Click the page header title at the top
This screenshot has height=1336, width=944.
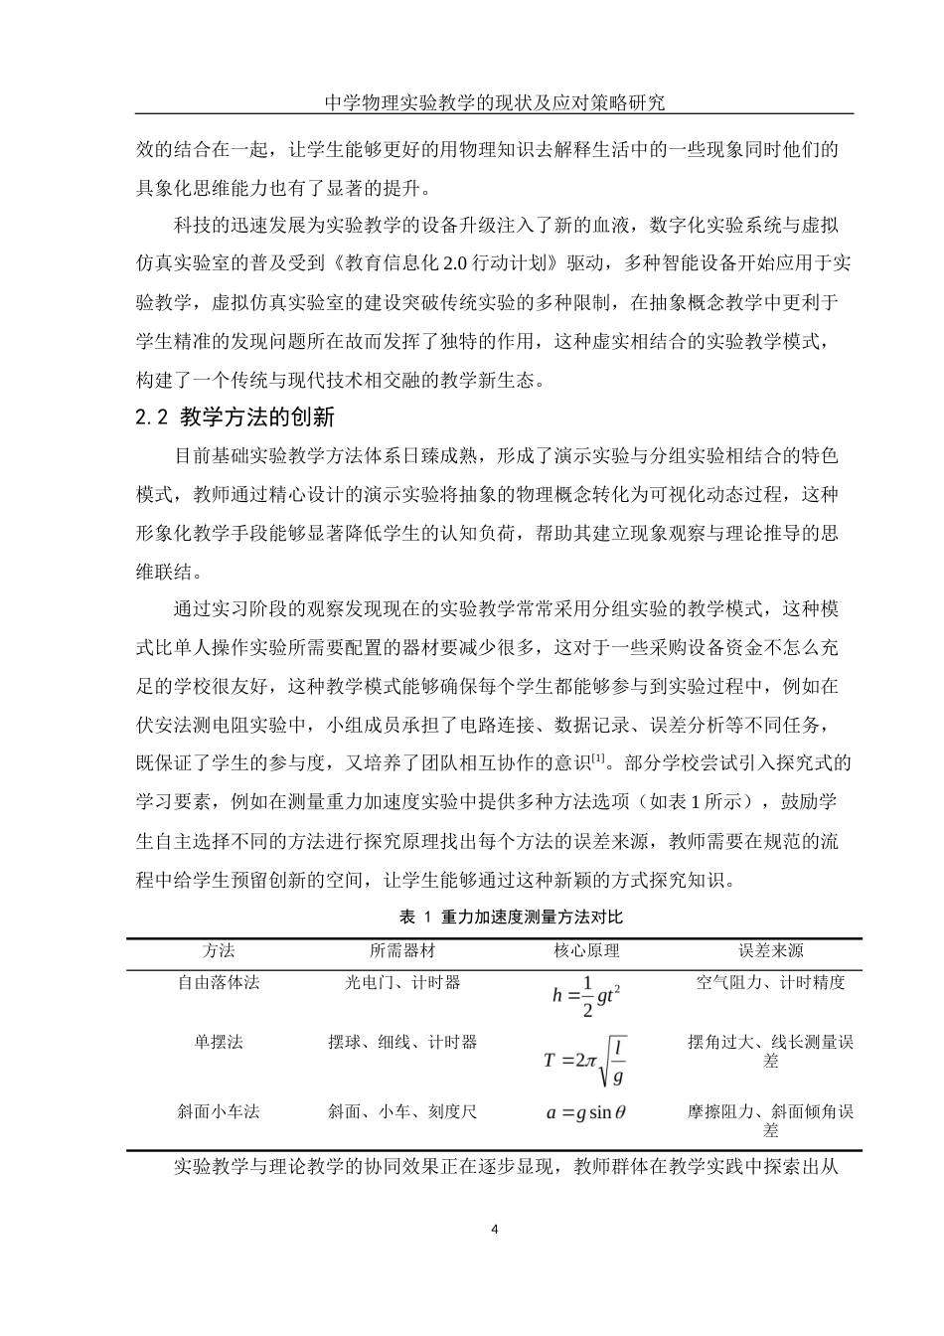pyautogui.click(x=494, y=101)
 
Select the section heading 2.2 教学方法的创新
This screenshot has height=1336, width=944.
pyautogui.click(x=242, y=418)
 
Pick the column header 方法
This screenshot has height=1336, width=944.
pyautogui.click(x=219, y=951)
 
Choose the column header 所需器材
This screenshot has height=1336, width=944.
pyautogui.click(x=402, y=951)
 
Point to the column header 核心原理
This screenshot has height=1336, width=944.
pyautogui.click(x=586, y=951)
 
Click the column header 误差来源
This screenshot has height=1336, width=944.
pyautogui.click(x=770, y=951)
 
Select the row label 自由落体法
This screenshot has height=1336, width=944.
pyautogui.click(x=219, y=983)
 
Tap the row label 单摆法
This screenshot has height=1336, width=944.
pyautogui.click(x=219, y=1043)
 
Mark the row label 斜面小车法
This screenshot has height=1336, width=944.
pyautogui.click(x=219, y=1112)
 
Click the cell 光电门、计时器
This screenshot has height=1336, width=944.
pyautogui.click(x=402, y=983)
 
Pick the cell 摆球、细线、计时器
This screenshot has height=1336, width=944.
pyautogui.click(x=402, y=1043)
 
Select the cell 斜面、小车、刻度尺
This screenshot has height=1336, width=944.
pyautogui.click(x=402, y=1112)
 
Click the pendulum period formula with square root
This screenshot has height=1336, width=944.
pyautogui.click(x=586, y=1061)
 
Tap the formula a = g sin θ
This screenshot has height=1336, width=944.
pyautogui.click(x=586, y=1113)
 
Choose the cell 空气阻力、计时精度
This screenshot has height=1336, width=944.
pyautogui.click(x=770, y=983)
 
